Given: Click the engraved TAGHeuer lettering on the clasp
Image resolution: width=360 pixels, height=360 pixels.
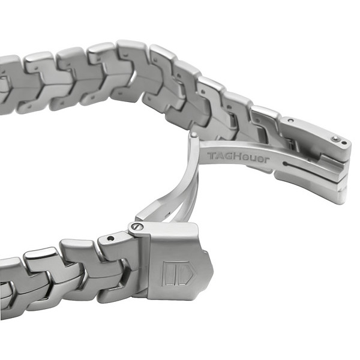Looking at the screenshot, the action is pos(238,157).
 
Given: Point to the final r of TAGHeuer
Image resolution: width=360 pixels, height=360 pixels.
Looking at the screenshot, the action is pos(266,160).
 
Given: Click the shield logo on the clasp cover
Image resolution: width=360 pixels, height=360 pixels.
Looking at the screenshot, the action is pos(178,273).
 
